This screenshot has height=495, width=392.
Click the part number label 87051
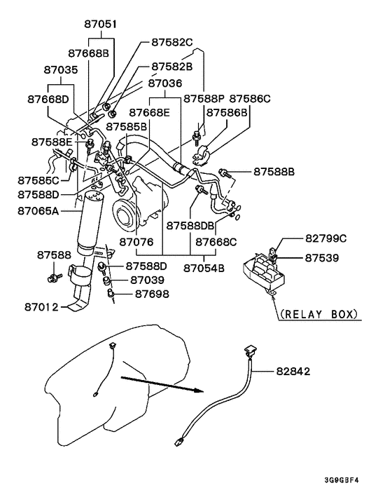[100, 25]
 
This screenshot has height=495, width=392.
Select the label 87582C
[172, 42]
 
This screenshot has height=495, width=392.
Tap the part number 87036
[165, 83]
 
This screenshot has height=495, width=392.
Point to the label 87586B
[227, 112]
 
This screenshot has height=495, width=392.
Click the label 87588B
[274, 172]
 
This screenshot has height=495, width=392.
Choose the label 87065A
[38, 210]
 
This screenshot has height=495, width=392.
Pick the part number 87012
[41, 307]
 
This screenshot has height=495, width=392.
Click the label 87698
[152, 294]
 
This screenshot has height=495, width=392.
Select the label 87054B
[204, 269]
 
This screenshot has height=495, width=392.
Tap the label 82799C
[325, 238]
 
